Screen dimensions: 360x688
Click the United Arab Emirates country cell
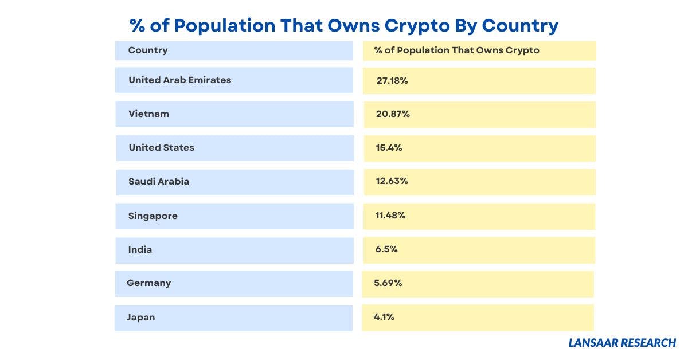(x=179, y=80)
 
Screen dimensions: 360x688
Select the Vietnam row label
(x=148, y=114)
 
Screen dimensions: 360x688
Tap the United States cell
(x=161, y=147)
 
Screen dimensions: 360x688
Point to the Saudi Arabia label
(x=158, y=181)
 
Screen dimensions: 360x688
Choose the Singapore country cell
(x=153, y=216)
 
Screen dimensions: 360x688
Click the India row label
(x=140, y=249)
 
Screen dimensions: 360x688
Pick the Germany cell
(x=148, y=283)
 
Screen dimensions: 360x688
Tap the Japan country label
(x=140, y=317)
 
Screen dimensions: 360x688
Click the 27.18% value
(x=392, y=80)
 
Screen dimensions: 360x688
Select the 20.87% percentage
(x=393, y=114)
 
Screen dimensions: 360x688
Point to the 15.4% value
(x=389, y=147)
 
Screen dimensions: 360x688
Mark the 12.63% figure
(x=392, y=181)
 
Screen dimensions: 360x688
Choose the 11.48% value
(x=390, y=216)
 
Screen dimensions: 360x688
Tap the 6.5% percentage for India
(x=386, y=249)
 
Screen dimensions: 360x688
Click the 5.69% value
(x=388, y=283)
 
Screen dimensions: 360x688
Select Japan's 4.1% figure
(x=384, y=317)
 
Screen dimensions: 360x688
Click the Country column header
(x=148, y=50)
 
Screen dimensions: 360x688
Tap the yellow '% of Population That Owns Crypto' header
(x=456, y=50)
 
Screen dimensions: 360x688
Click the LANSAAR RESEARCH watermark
(x=622, y=343)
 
